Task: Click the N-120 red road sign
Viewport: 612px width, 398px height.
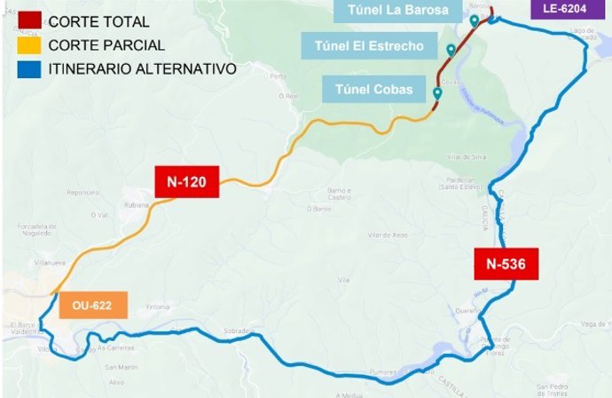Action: tap(185, 182)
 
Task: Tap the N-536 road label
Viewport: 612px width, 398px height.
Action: tap(505, 263)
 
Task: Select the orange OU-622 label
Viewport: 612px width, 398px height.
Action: tap(93, 306)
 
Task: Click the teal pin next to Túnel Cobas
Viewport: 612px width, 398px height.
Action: tap(436, 93)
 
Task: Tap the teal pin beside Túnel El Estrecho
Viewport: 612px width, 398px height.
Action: tap(451, 50)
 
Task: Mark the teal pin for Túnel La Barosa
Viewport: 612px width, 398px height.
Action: tap(475, 20)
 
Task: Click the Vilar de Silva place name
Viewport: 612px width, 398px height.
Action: tap(466, 156)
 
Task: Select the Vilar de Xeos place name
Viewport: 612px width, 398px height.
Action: tap(387, 235)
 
